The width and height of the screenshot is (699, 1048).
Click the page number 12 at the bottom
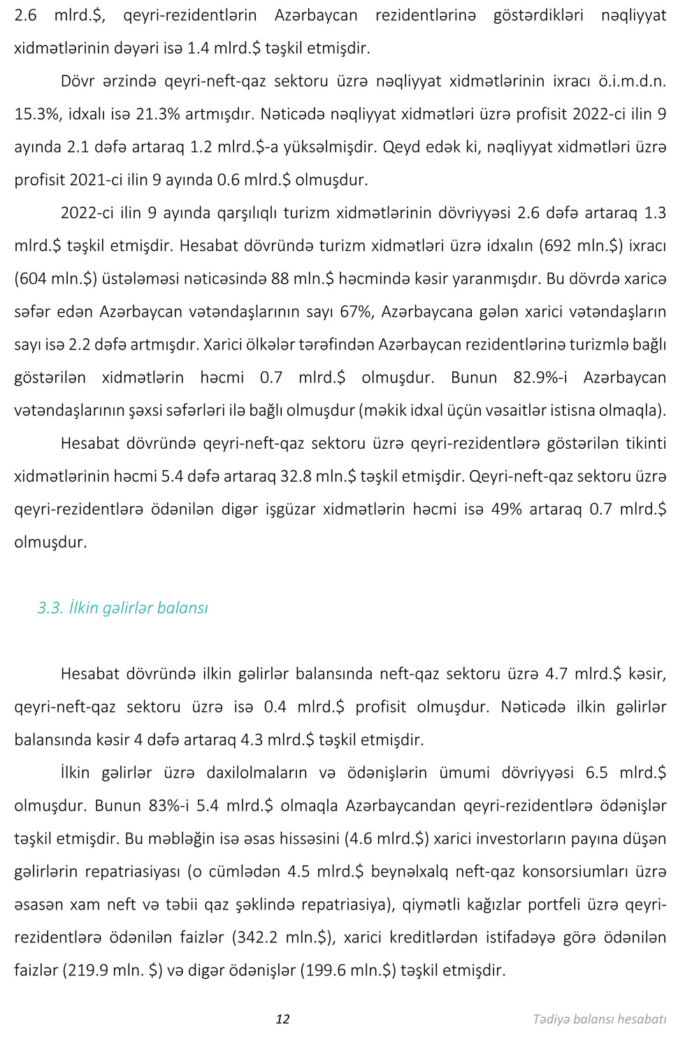point(282,1019)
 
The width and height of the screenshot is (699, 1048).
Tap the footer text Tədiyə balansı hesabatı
point(599,1019)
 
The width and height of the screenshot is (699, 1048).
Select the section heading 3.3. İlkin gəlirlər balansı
point(123,608)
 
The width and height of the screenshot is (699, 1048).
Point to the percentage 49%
point(506,509)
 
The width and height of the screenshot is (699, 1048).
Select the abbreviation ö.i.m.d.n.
point(632,80)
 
